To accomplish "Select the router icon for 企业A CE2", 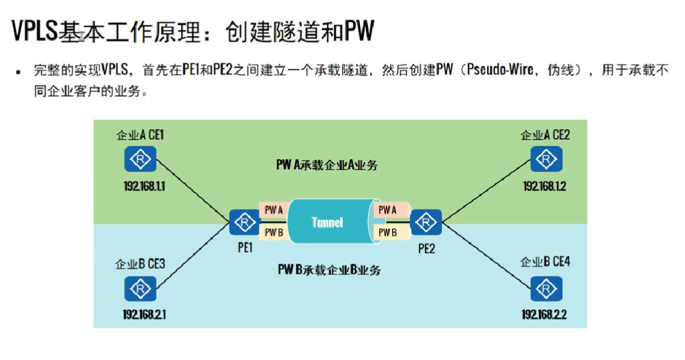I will click(x=546, y=159).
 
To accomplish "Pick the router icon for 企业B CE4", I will click(x=546, y=289).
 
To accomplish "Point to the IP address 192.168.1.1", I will click(x=141, y=185).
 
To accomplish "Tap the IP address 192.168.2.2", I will click(x=545, y=314).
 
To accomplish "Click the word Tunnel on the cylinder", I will click(x=327, y=222).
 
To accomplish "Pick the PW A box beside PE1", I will click(x=274, y=210).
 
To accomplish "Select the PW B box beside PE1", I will click(x=274, y=232).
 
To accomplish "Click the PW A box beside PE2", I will click(x=388, y=210).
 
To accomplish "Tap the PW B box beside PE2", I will click(x=388, y=232).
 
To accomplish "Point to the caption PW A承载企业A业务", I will click(x=327, y=165).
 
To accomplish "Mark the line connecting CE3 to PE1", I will click(x=193, y=255).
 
